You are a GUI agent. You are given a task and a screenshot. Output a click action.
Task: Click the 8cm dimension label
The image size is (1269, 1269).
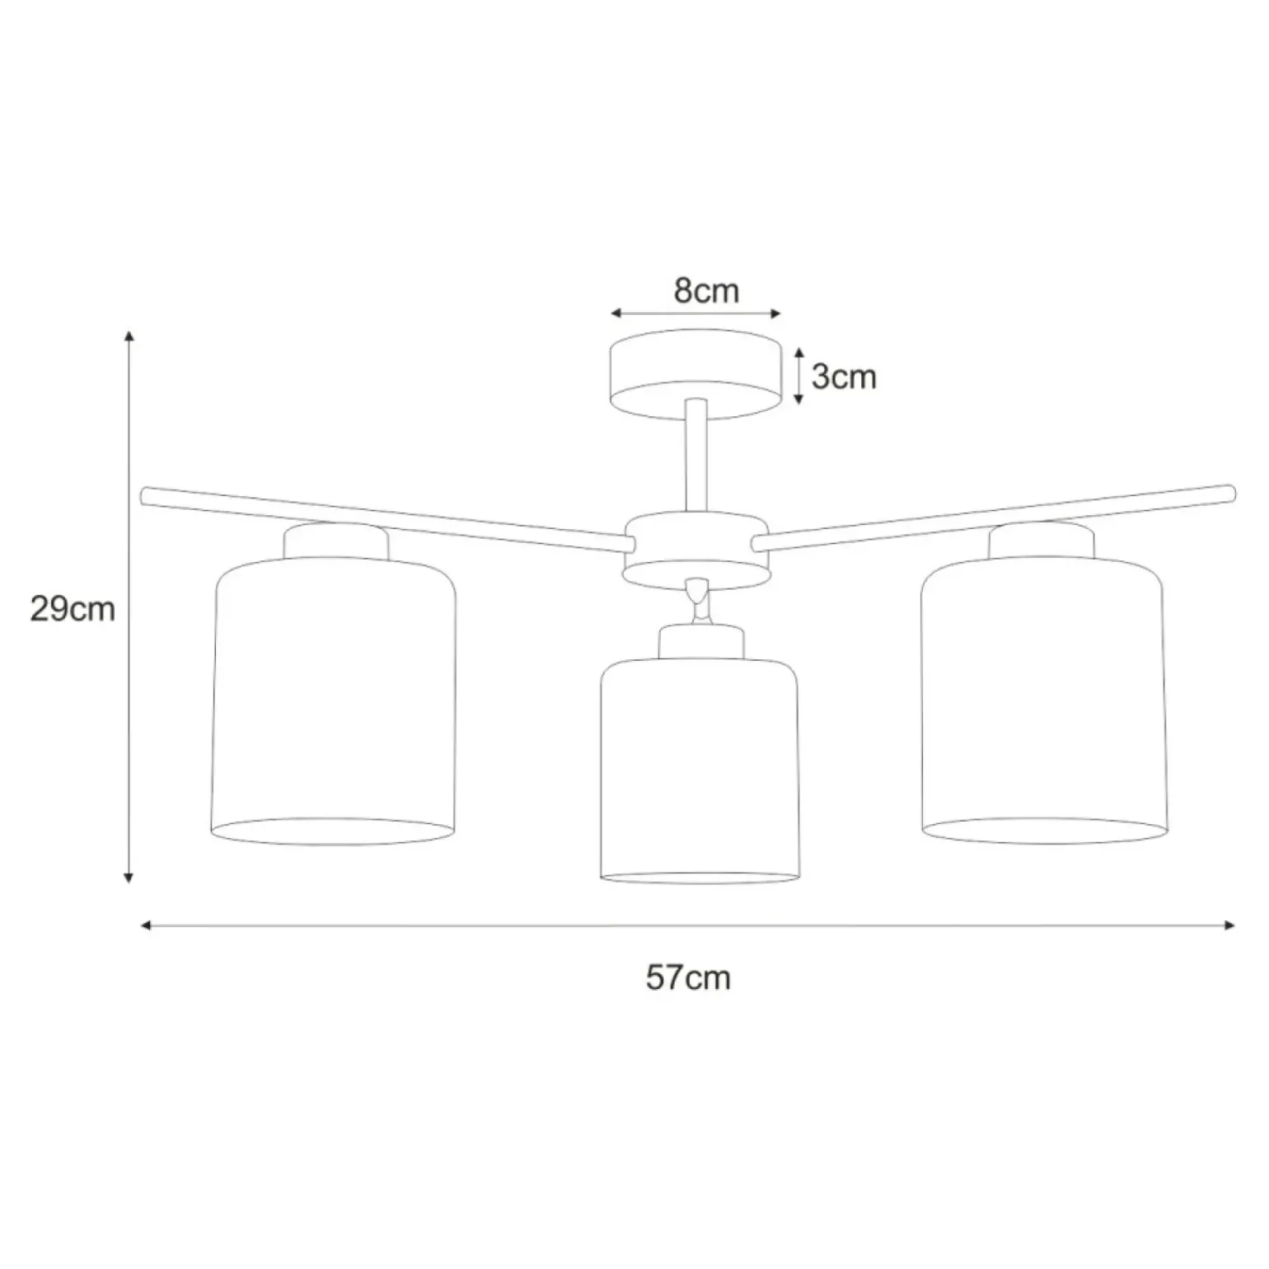[706, 291]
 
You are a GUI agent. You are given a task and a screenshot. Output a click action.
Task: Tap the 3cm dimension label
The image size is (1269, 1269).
[844, 377]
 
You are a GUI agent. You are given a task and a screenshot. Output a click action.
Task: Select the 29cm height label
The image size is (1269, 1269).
[73, 610]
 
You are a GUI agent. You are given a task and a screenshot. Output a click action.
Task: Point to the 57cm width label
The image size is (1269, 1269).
[688, 977]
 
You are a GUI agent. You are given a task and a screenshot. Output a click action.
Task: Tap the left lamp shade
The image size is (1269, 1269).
[334, 701]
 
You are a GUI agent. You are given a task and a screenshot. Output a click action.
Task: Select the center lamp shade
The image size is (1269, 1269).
[700, 770]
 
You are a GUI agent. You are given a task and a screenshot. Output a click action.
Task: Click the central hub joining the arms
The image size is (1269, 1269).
[695, 550]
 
